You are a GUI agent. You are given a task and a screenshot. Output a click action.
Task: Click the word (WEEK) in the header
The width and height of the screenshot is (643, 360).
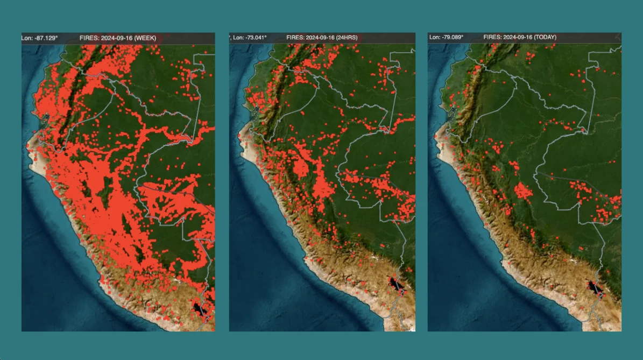pos(145,38)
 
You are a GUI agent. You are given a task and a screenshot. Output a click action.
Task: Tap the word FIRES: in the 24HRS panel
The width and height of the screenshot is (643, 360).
pos(295,38)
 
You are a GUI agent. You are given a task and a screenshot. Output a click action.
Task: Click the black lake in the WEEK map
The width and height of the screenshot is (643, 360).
pos(200,309)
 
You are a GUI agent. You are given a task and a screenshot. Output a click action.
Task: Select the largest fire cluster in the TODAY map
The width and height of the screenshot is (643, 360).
pos(522,190)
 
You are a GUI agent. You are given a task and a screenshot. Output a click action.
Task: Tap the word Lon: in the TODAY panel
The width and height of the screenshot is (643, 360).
pos(434,37)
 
